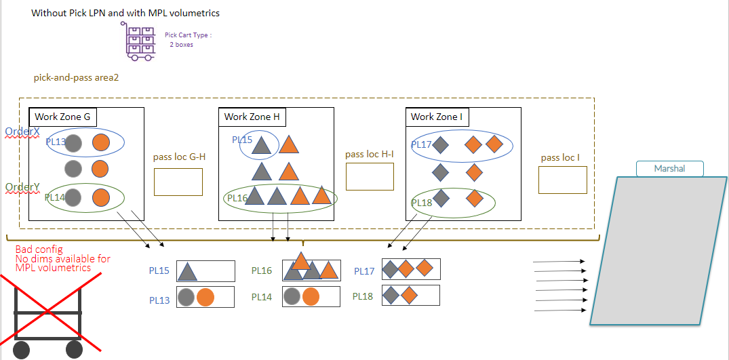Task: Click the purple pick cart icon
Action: point(140,40)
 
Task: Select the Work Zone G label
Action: point(62,117)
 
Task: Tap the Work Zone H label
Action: point(252,117)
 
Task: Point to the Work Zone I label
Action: point(437,117)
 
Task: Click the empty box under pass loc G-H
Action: point(178,182)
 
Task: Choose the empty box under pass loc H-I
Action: point(370,176)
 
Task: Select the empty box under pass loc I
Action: point(562,180)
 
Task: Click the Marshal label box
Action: point(669,168)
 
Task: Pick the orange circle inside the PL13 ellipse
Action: point(101,143)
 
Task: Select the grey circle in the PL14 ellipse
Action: point(74,197)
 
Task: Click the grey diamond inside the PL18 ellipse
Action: point(441,198)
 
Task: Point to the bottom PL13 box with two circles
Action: point(205,297)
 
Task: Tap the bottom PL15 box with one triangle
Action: point(205,271)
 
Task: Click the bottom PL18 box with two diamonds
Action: point(410,295)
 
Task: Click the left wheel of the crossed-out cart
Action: point(21,350)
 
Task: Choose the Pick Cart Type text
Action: point(188,35)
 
